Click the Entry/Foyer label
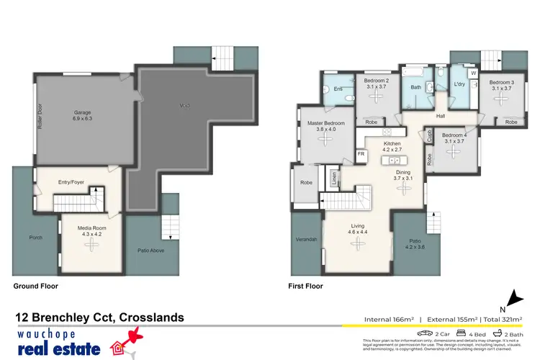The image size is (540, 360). [72, 182]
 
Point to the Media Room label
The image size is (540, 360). [91, 228]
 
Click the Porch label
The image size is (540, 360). [35, 237]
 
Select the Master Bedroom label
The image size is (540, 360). [326, 123]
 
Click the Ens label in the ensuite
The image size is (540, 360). [338, 89]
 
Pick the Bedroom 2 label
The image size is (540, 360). [377, 81]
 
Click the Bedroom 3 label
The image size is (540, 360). [502, 83]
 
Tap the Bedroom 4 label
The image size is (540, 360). [454, 135]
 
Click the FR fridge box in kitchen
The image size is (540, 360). [361, 154]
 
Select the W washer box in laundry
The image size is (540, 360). [473, 73]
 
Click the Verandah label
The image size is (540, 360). [306, 238]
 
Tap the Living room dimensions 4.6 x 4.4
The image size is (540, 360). [358, 233]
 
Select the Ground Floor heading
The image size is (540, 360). [35, 286]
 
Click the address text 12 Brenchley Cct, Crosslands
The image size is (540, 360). [100, 317]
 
